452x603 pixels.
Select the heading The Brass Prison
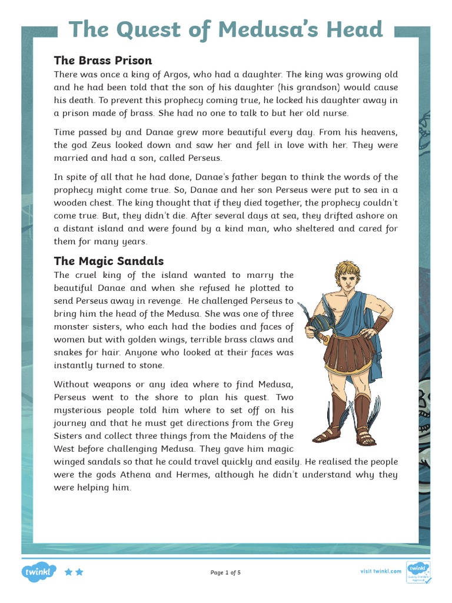tap(102, 60)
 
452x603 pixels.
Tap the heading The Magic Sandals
tap(108, 261)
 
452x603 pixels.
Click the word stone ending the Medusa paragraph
tap(151, 365)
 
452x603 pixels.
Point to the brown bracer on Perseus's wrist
tap(383, 325)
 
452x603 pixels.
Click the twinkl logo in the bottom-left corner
tap(39, 571)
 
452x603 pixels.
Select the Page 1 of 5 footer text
tap(225, 572)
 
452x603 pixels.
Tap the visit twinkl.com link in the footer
tap(380, 571)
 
